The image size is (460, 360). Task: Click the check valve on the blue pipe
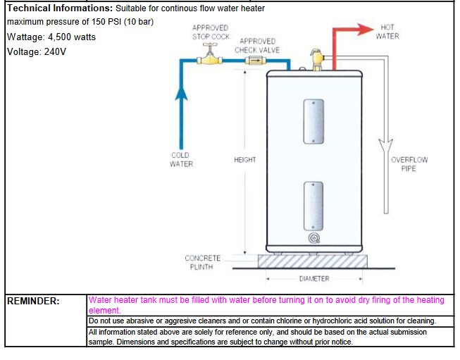click(x=251, y=61)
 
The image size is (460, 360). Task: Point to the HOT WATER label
click(x=387, y=32)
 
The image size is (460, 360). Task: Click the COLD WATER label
click(x=181, y=160)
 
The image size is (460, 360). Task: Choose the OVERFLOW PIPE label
click(x=409, y=164)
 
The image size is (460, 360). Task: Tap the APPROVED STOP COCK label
click(x=211, y=32)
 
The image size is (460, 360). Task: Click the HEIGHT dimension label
click(x=245, y=160)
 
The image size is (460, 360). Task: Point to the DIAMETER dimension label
click(x=314, y=279)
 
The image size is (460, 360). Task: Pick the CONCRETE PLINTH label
click(x=203, y=263)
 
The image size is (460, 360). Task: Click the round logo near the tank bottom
click(x=313, y=238)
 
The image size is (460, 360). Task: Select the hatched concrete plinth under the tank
click(x=314, y=261)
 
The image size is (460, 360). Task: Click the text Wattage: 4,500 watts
click(x=51, y=37)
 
